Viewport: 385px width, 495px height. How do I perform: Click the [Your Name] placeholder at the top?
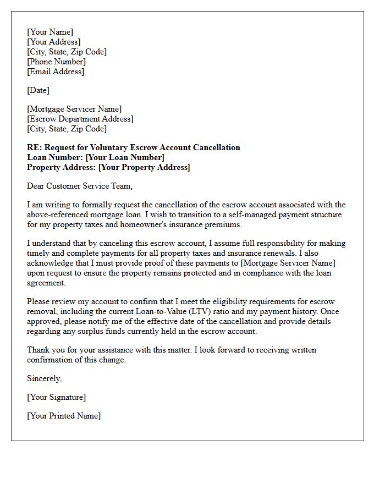point(50,32)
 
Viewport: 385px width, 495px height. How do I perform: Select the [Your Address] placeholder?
point(54,42)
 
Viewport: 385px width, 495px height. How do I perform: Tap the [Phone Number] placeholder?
point(56,62)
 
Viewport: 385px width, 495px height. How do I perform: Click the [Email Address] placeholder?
point(56,71)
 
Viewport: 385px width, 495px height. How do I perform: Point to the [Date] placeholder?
point(38,90)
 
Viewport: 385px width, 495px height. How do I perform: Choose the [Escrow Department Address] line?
point(80,119)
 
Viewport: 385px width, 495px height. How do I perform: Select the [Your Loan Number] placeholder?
point(125,157)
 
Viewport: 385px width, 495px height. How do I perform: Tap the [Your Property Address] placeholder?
point(144,167)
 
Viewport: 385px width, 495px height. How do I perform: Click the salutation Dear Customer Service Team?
point(80,186)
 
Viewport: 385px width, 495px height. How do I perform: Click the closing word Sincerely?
point(45,378)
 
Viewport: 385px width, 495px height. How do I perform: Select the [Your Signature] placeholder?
point(57,397)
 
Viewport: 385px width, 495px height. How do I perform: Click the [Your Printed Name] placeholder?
point(64,416)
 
